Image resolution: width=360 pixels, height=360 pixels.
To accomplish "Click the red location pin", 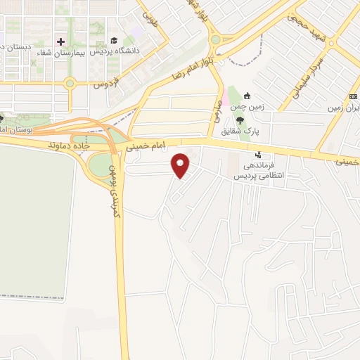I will (x=181, y=165).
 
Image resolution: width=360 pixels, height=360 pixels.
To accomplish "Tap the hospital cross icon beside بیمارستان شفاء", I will (x=60, y=42).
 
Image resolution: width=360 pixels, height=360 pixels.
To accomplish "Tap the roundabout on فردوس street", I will (x=70, y=84).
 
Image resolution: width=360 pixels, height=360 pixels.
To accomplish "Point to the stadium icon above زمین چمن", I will (x=246, y=96).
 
